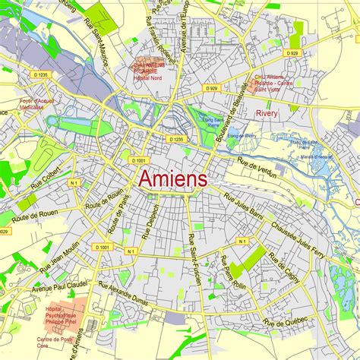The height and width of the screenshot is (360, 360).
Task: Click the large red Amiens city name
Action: point(172,180)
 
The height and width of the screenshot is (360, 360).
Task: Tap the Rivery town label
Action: point(267,113)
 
